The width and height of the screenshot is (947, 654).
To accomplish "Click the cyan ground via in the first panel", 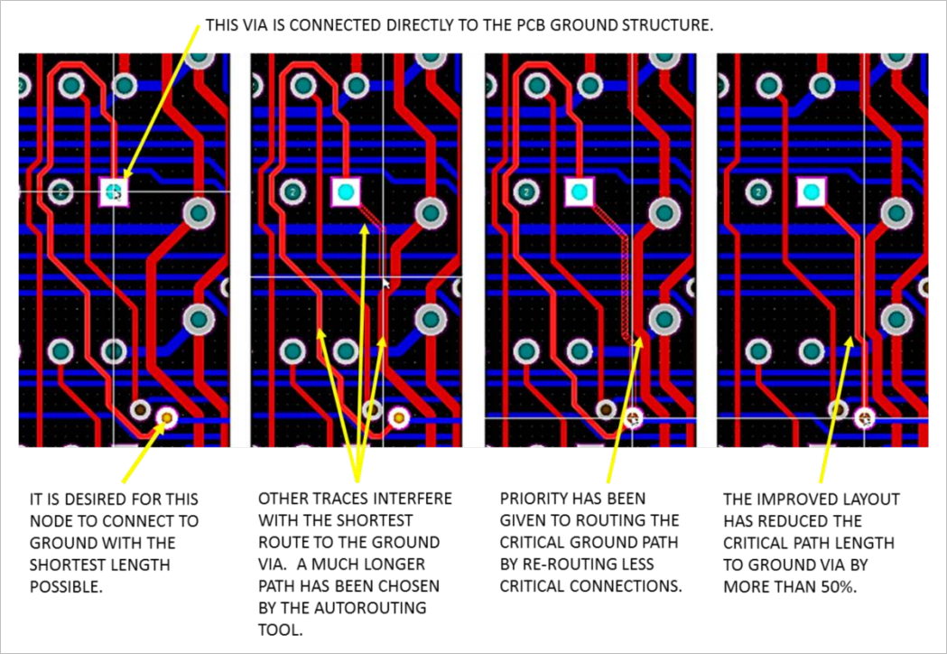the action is click(114, 192).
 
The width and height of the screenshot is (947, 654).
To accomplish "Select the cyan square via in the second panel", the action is click(346, 192).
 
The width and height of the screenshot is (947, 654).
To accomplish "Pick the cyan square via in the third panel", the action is click(580, 192).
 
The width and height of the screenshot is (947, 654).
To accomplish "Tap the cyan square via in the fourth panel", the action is click(811, 192).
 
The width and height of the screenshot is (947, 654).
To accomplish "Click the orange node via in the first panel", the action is click(167, 417).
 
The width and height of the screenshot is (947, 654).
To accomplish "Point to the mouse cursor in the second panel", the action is click(386, 284).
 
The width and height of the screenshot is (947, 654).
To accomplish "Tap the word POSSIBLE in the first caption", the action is click(66, 587).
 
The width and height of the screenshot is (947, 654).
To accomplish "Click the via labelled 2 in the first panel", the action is click(60, 192).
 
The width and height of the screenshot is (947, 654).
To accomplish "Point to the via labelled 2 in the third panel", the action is click(526, 192).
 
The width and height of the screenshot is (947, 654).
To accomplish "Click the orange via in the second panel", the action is click(399, 417).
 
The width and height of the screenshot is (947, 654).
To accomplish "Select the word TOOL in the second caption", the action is click(280, 630).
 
